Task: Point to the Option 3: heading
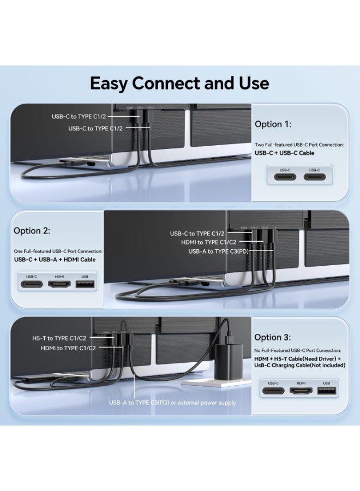tap(273, 337)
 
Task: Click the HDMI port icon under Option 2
tap(57, 284)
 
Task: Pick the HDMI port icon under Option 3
tap(300, 391)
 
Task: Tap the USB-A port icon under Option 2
tap(85, 284)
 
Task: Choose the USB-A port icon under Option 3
tap(327, 391)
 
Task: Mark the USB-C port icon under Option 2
tap(31, 284)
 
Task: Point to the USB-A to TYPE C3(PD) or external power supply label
tap(172, 403)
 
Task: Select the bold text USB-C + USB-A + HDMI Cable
tap(55, 260)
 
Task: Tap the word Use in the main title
tap(252, 83)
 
